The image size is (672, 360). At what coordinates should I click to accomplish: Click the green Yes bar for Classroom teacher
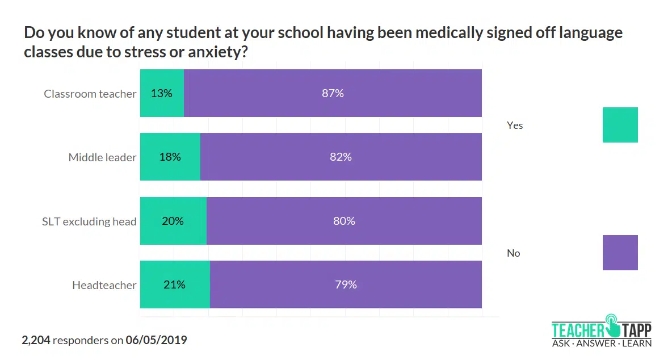tap(162, 93)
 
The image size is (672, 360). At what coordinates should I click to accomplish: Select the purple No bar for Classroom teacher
tap(333, 93)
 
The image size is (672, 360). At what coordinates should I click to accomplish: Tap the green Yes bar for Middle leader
tap(170, 157)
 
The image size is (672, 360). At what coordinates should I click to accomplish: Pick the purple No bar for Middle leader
tap(341, 157)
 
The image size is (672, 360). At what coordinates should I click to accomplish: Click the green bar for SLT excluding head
tap(173, 221)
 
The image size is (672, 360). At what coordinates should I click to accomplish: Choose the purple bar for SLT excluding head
tap(344, 221)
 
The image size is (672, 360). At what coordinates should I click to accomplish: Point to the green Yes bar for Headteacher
tap(175, 284)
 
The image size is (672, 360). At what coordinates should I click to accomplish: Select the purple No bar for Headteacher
tap(346, 284)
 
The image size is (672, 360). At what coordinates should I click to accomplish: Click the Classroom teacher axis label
tap(90, 94)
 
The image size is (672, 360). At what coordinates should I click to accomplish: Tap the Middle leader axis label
tap(102, 157)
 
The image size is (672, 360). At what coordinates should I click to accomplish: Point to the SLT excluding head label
tap(89, 221)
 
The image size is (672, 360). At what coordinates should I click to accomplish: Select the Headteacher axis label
tap(104, 285)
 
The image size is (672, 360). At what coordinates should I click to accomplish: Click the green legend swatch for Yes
tap(620, 125)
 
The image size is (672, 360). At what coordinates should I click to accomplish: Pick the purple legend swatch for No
tap(620, 253)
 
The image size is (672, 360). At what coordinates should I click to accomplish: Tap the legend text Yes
tap(515, 125)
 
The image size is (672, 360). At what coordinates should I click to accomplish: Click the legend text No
tap(513, 253)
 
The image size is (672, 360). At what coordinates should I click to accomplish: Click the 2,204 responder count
tap(36, 341)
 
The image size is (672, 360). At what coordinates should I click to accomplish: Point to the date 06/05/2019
tap(156, 341)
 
